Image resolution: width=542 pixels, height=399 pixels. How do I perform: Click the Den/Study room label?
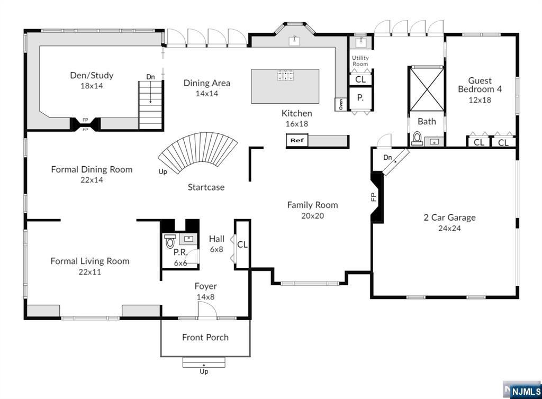tap(92, 75)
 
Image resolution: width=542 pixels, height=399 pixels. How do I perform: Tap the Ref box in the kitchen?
tap(297, 140)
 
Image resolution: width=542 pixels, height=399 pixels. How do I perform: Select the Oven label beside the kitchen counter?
tap(340, 104)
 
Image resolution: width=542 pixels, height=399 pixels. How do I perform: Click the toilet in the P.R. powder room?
tap(170, 241)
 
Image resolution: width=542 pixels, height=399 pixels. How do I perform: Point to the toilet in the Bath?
tap(417, 139)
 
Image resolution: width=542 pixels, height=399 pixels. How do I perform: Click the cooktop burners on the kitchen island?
tap(285, 75)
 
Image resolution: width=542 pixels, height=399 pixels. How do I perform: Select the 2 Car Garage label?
tap(449, 217)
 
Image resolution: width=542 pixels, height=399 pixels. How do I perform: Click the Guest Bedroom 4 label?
tap(480, 85)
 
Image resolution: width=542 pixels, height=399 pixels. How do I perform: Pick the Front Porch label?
tap(205, 337)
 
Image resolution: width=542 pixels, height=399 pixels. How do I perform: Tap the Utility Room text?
tap(360, 61)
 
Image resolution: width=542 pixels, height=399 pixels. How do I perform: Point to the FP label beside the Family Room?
tap(373, 197)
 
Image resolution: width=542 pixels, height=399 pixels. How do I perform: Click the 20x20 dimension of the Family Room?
tap(312, 215)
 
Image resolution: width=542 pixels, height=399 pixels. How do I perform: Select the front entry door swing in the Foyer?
tap(207, 310)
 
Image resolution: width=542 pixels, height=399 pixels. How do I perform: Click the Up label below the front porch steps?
tap(204, 371)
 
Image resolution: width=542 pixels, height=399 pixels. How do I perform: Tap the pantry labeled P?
tap(360, 98)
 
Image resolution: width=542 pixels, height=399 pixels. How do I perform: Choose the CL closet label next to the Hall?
tap(242, 244)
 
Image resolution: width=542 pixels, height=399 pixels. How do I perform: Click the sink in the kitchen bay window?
tap(294, 41)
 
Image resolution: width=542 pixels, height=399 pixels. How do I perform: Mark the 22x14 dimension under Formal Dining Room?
tap(92, 179)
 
